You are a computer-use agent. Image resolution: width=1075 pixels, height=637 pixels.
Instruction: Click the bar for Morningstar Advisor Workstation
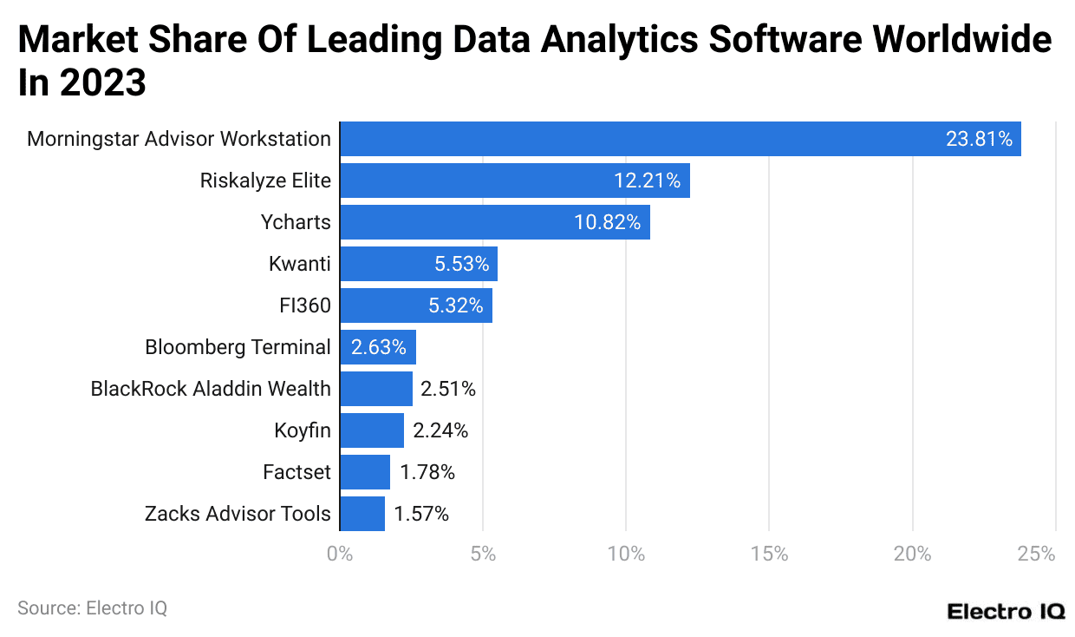(680, 139)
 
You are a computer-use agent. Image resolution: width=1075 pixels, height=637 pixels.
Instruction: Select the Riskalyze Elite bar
(514, 181)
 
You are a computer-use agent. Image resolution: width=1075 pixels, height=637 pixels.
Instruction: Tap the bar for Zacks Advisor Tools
(362, 514)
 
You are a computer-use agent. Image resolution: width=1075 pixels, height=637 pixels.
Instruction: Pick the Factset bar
(364, 472)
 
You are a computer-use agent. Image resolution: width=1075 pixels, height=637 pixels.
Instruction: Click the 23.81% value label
(979, 139)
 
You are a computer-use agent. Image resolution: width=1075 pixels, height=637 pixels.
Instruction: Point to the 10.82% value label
(607, 222)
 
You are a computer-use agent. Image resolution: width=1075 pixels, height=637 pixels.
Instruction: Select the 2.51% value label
(448, 389)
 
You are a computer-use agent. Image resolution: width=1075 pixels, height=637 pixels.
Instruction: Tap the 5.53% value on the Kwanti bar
(462, 264)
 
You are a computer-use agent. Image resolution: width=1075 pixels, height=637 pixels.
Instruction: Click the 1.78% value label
(427, 472)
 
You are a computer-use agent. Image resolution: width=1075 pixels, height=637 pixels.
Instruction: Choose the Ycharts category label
(296, 222)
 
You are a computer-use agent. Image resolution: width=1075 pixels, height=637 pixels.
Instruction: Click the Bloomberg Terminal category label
(238, 347)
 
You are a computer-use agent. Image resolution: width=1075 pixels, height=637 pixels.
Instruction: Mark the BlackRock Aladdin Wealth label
(211, 389)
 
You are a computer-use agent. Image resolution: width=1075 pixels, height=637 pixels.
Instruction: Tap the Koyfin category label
(302, 430)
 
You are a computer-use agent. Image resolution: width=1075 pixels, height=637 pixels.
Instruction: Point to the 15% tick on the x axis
(769, 555)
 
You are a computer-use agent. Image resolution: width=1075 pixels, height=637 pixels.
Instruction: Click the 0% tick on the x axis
(340, 555)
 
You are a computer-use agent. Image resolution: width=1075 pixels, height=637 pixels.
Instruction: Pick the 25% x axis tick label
(1037, 555)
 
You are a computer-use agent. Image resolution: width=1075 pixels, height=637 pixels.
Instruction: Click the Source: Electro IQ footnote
(92, 608)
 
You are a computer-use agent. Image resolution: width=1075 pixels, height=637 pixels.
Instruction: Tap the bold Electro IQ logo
(1006, 611)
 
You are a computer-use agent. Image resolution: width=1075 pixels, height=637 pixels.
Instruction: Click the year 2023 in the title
(102, 84)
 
